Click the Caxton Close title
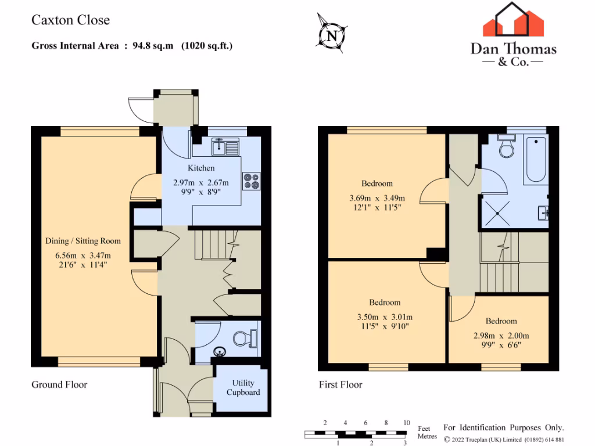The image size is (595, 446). [70, 20]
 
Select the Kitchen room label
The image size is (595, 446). [201, 168]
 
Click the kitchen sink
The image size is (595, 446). [225, 146]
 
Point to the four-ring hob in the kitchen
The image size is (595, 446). [252, 181]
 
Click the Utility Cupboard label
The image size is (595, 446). [243, 388]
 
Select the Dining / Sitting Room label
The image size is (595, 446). [83, 241]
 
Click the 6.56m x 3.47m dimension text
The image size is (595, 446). [83, 255]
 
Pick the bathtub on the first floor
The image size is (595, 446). [535, 158]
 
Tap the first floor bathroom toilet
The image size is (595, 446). [507, 148]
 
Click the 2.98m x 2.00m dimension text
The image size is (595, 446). [501, 335]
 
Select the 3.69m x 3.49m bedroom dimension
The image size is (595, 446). [377, 197]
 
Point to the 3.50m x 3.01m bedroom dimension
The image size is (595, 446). [385, 316]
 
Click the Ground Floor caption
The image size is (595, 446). [59, 384]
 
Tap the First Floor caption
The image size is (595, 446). [340, 384]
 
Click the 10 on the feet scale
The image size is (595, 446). [406, 423]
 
